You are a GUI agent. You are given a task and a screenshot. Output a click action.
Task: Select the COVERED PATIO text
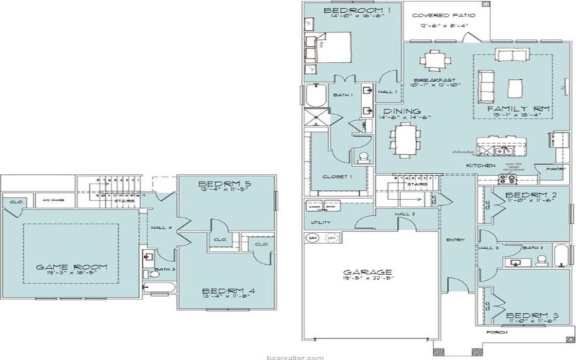[444, 14]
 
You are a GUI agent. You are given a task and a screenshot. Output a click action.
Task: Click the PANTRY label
[557, 168]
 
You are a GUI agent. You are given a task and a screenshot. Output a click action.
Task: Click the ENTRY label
[455, 240]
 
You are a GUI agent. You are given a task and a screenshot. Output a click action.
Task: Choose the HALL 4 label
[161, 228]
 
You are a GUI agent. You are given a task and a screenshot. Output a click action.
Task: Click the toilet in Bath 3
[152, 274]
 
